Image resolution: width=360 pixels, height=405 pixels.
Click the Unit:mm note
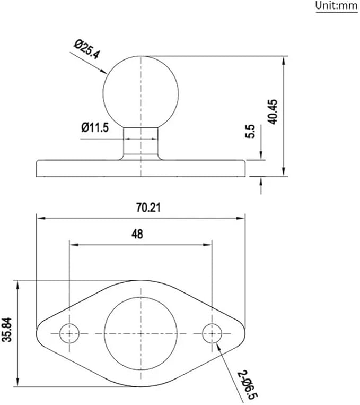337,6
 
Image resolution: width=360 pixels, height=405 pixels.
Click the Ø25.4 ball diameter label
87,49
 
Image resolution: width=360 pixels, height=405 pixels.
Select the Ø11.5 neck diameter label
95,127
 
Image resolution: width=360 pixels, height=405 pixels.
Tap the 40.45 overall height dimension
273,111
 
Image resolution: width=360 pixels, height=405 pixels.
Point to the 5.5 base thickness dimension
250,132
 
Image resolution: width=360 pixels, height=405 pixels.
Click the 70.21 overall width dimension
148,208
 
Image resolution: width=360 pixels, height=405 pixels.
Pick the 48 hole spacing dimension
137,234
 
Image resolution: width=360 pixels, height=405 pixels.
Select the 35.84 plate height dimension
7,330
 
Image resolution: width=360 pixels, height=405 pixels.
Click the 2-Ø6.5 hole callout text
248,385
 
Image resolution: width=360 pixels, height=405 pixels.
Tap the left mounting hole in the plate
69,333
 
